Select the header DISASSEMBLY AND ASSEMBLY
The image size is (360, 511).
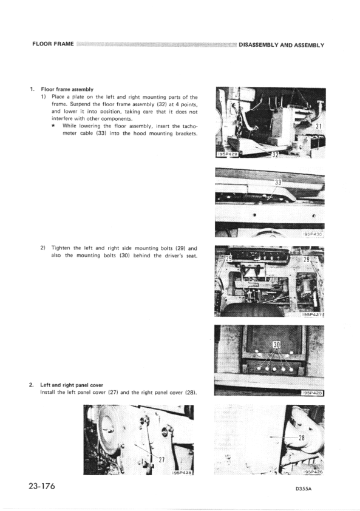pyautogui.click(x=282, y=45)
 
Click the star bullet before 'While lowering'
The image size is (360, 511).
pyautogui.click(x=55, y=126)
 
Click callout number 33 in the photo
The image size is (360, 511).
pyautogui.click(x=279, y=181)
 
